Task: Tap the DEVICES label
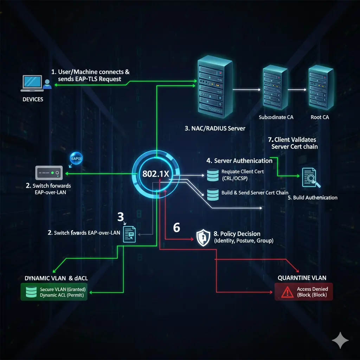click(x=33, y=99)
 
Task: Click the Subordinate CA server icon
click(x=274, y=88)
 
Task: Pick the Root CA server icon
click(x=320, y=88)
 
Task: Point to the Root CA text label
click(x=320, y=117)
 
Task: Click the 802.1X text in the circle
click(x=156, y=174)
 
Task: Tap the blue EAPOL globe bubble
click(x=76, y=158)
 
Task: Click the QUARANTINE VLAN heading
click(x=300, y=278)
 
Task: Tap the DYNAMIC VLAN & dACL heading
click(x=56, y=278)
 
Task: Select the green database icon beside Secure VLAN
click(x=31, y=292)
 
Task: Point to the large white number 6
click(x=176, y=228)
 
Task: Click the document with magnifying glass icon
click(x=309, y=177)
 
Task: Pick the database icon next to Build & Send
click(x=212, y=193)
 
